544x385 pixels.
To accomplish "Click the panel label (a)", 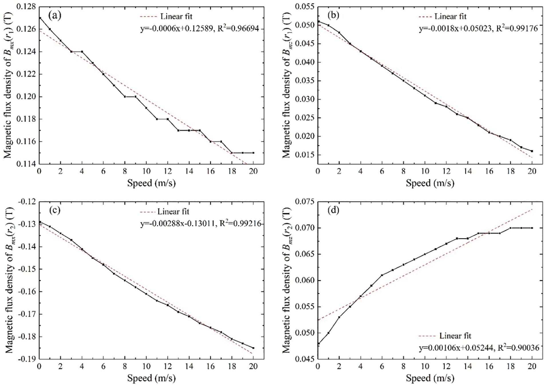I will (x=55, y=15).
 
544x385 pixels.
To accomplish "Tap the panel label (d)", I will (x=333, y=211).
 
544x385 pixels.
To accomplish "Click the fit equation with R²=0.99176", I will (x=478, y=28).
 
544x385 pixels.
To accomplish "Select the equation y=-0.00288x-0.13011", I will (x=200, y=224).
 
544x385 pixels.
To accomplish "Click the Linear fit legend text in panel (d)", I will (x=455, y=336).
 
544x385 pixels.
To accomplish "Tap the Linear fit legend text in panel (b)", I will (x=450, y=16).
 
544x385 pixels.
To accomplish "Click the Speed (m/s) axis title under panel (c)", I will (x=151, y=378).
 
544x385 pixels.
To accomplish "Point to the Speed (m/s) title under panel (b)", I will (x=430, y=183).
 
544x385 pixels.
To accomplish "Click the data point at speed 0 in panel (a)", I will (x=40, y=18).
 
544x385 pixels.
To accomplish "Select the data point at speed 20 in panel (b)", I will (x=532, y=151).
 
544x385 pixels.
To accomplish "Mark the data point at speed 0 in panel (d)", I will (x=318, y=343).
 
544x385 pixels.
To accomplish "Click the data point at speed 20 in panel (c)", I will (x=253, y=348).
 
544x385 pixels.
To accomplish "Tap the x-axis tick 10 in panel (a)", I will (x=146, y=171).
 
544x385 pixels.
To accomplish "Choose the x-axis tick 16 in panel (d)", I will (x=489, y=367).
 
